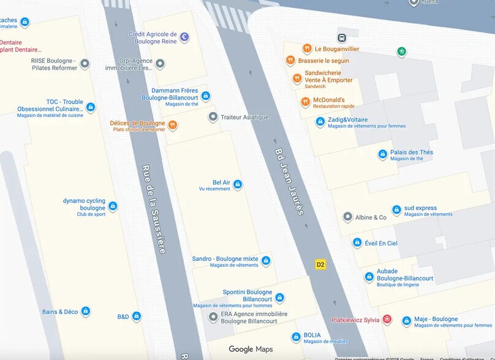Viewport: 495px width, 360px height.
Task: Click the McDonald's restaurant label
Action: click(x=329, y=100)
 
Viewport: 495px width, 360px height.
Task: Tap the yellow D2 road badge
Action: click(x=320, y=264)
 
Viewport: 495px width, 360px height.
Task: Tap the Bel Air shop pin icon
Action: click(x=238, y=184)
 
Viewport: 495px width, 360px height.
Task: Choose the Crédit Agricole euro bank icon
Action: click(x=184, y=37)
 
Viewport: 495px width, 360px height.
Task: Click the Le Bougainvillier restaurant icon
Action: click(x=307, y=49)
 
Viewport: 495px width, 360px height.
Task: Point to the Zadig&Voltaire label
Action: click(x=347, y=119)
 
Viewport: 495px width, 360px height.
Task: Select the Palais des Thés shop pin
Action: click(x=383, y=154)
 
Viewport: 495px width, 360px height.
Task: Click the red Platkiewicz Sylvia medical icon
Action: click(x=387, y=320)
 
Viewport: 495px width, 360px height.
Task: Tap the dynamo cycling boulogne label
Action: click(x=85, y=204)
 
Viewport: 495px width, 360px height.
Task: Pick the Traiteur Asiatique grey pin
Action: click(x=213, y=116)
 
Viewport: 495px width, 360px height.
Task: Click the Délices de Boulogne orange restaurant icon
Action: click(x=173, y=125)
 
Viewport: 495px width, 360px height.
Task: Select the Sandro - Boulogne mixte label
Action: click(x=225, y=259)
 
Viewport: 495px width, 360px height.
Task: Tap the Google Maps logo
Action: click(x=251, y=349)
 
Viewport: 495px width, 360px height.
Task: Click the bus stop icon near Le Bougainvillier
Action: click(x=342, y=38)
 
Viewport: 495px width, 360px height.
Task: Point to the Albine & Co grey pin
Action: click(x=348, y=217)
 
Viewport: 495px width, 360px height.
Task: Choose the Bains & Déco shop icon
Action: click(x=86, y=312)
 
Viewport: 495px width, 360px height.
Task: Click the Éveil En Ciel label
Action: click(x=381, y=243)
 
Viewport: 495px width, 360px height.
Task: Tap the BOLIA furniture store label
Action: click(x=312, y=336)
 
